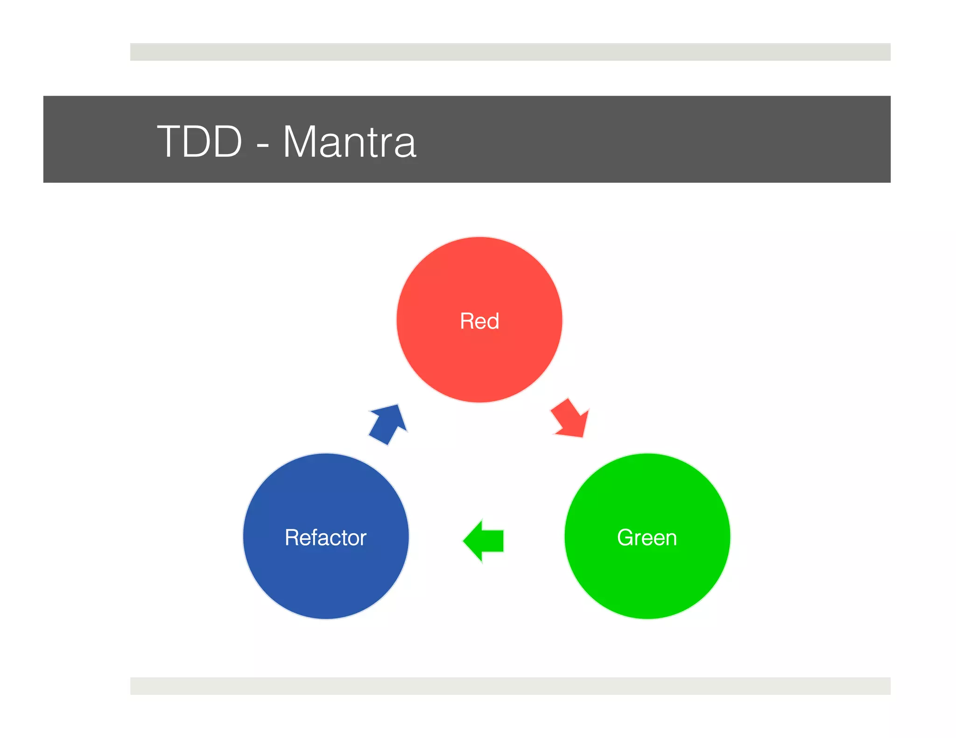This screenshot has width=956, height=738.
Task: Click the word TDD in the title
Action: pyautogui.click(x=199, y=141)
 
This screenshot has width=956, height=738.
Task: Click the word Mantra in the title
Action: pyautogui.click(x=349, y=141)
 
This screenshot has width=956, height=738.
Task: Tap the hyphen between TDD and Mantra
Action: pyautogui.click(x=263, y=145)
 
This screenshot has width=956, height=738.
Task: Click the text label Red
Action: pyautogui.click(x=479, y=321)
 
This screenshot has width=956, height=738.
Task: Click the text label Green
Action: pyautogui.click(x=647, y=537)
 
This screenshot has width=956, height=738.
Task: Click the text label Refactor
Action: pyautogui.click(x=326, y=537)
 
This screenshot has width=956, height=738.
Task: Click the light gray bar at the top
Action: pyautogui.click(x=510, y=52)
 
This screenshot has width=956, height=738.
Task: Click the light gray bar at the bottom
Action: pyautogui.click(x=510, y=686)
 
